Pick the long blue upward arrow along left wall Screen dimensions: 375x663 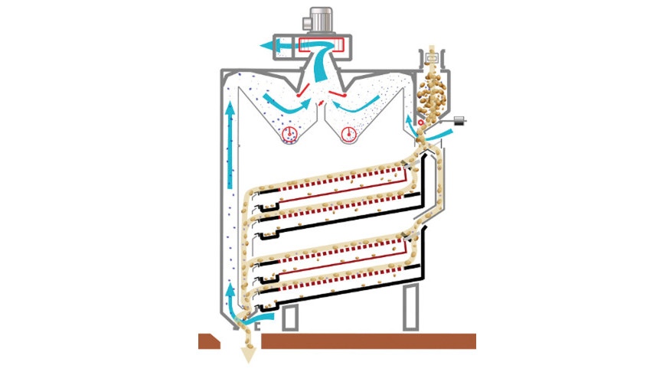tap(229, 145)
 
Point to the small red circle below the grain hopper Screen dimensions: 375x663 tap(420, 122)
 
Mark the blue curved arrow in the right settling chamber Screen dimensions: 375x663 tap(367, 102)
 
